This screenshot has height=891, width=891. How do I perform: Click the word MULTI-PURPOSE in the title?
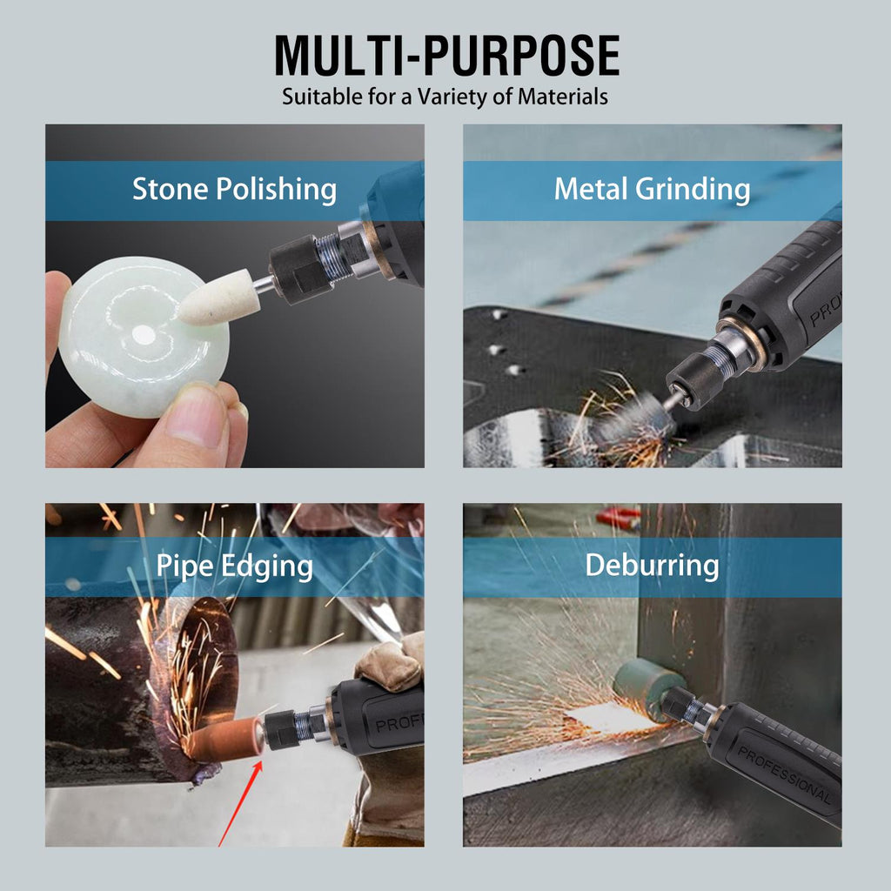446,55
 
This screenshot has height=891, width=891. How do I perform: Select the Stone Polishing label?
234,189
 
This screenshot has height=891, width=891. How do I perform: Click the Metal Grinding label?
652,189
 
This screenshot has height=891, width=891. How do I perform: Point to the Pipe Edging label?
234,566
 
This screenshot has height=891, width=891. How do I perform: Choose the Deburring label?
652,566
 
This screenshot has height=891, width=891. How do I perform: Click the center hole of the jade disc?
143,335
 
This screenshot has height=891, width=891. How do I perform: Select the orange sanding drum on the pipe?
225,738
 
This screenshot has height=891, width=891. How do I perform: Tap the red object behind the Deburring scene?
619,517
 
